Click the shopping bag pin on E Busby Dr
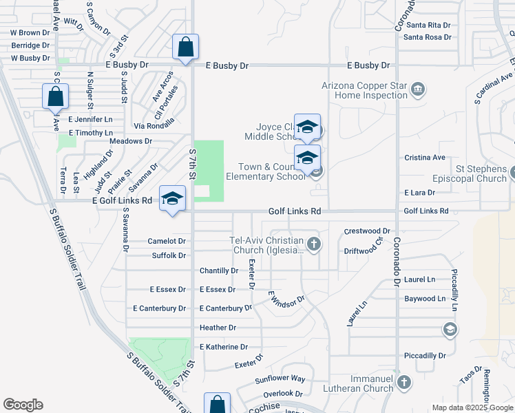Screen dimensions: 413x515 (x=186, y=48)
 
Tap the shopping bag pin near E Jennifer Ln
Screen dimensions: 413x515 (x=56, y=98)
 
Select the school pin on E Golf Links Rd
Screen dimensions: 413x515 (x=172, y=199)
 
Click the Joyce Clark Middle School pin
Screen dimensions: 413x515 (x=307, y=127)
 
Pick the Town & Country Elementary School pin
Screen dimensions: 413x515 (x=307, y=158)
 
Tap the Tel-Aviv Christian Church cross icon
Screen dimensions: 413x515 (x=313, y=243)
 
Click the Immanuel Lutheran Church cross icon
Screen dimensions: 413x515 (x=404, y=381)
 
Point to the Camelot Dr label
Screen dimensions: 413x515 (x=167, y=242)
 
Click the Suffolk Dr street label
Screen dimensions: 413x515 (x=169, y=256)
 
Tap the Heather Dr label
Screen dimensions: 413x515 (x=218, y=328)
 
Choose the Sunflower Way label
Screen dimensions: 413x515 (x=280, y=379)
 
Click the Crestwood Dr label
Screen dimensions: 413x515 (x=367, y=231)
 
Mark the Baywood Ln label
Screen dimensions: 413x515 (x=425, y=299)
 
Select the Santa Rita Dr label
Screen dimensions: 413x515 (x=427, y=25)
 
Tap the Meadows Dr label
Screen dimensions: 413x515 (x=130, y=141)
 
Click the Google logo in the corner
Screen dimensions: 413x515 (x=23, y=405)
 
